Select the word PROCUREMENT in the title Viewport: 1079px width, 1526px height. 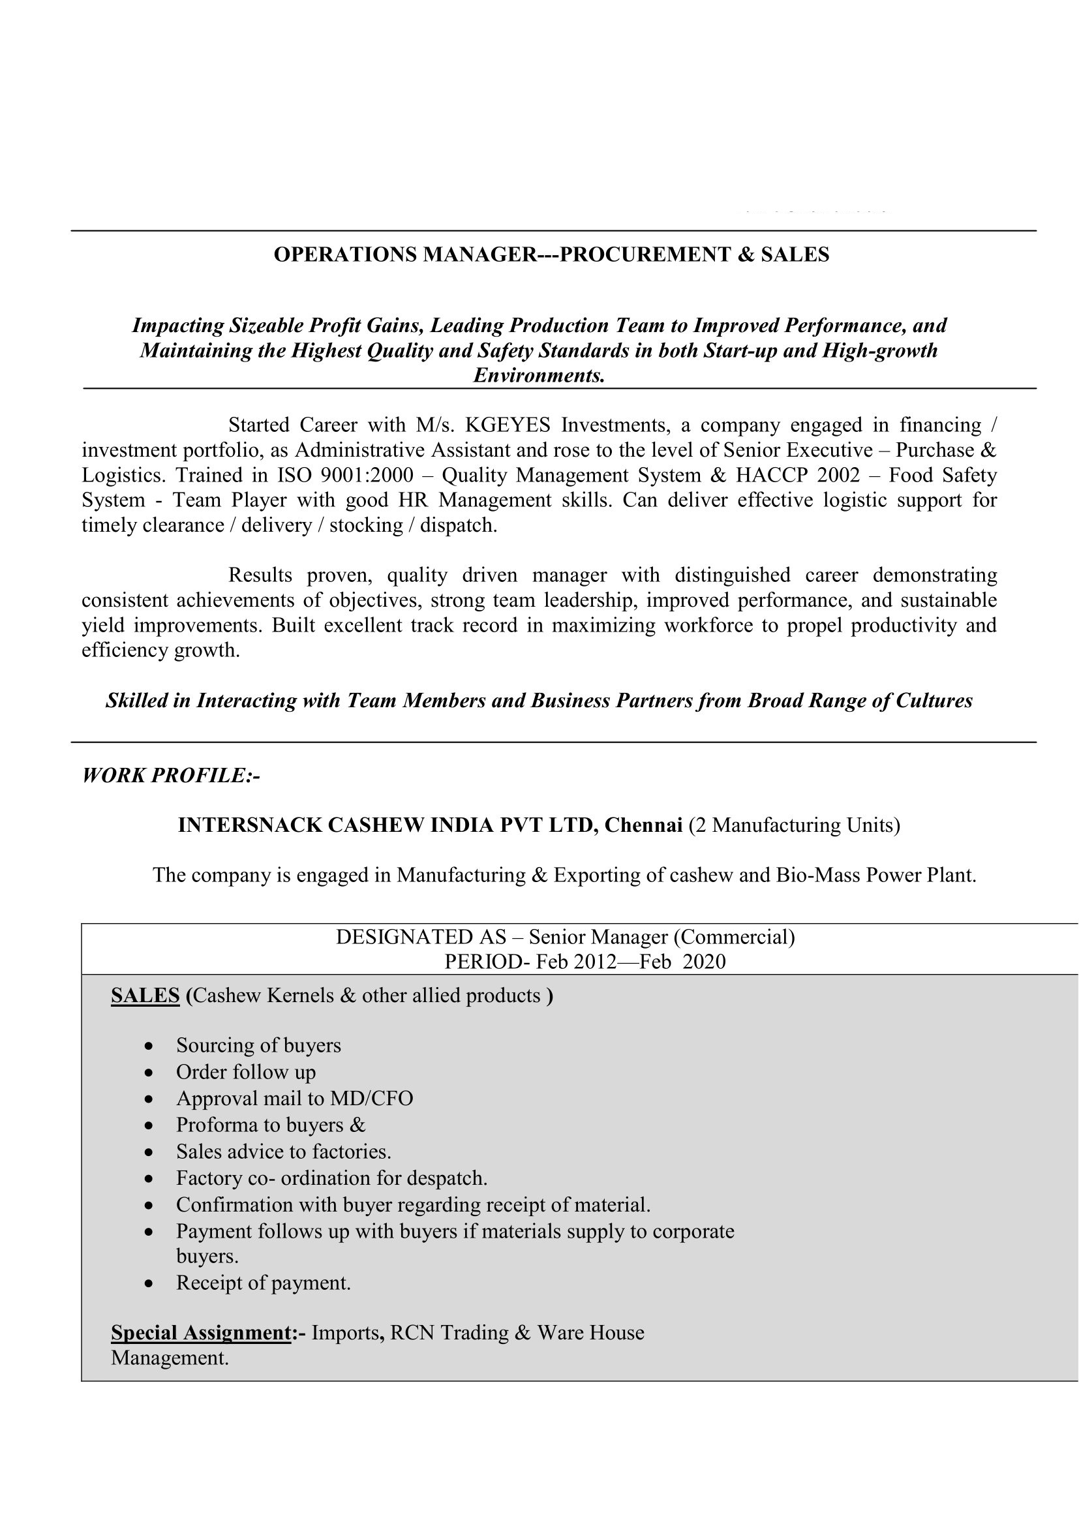pos(644,254)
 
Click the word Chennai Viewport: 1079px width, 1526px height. pos(643,825)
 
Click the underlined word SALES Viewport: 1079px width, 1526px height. pos(145,995)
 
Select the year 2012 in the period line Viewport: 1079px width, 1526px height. pos(593,962)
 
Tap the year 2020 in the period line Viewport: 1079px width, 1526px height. pos(705,962)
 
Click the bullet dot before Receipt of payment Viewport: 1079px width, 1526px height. pos(149,1284)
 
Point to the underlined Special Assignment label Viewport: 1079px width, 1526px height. pos(201,1333)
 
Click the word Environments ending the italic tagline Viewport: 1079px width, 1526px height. pos(539,376)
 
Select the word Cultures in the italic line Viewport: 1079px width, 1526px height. pos(934,701)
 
